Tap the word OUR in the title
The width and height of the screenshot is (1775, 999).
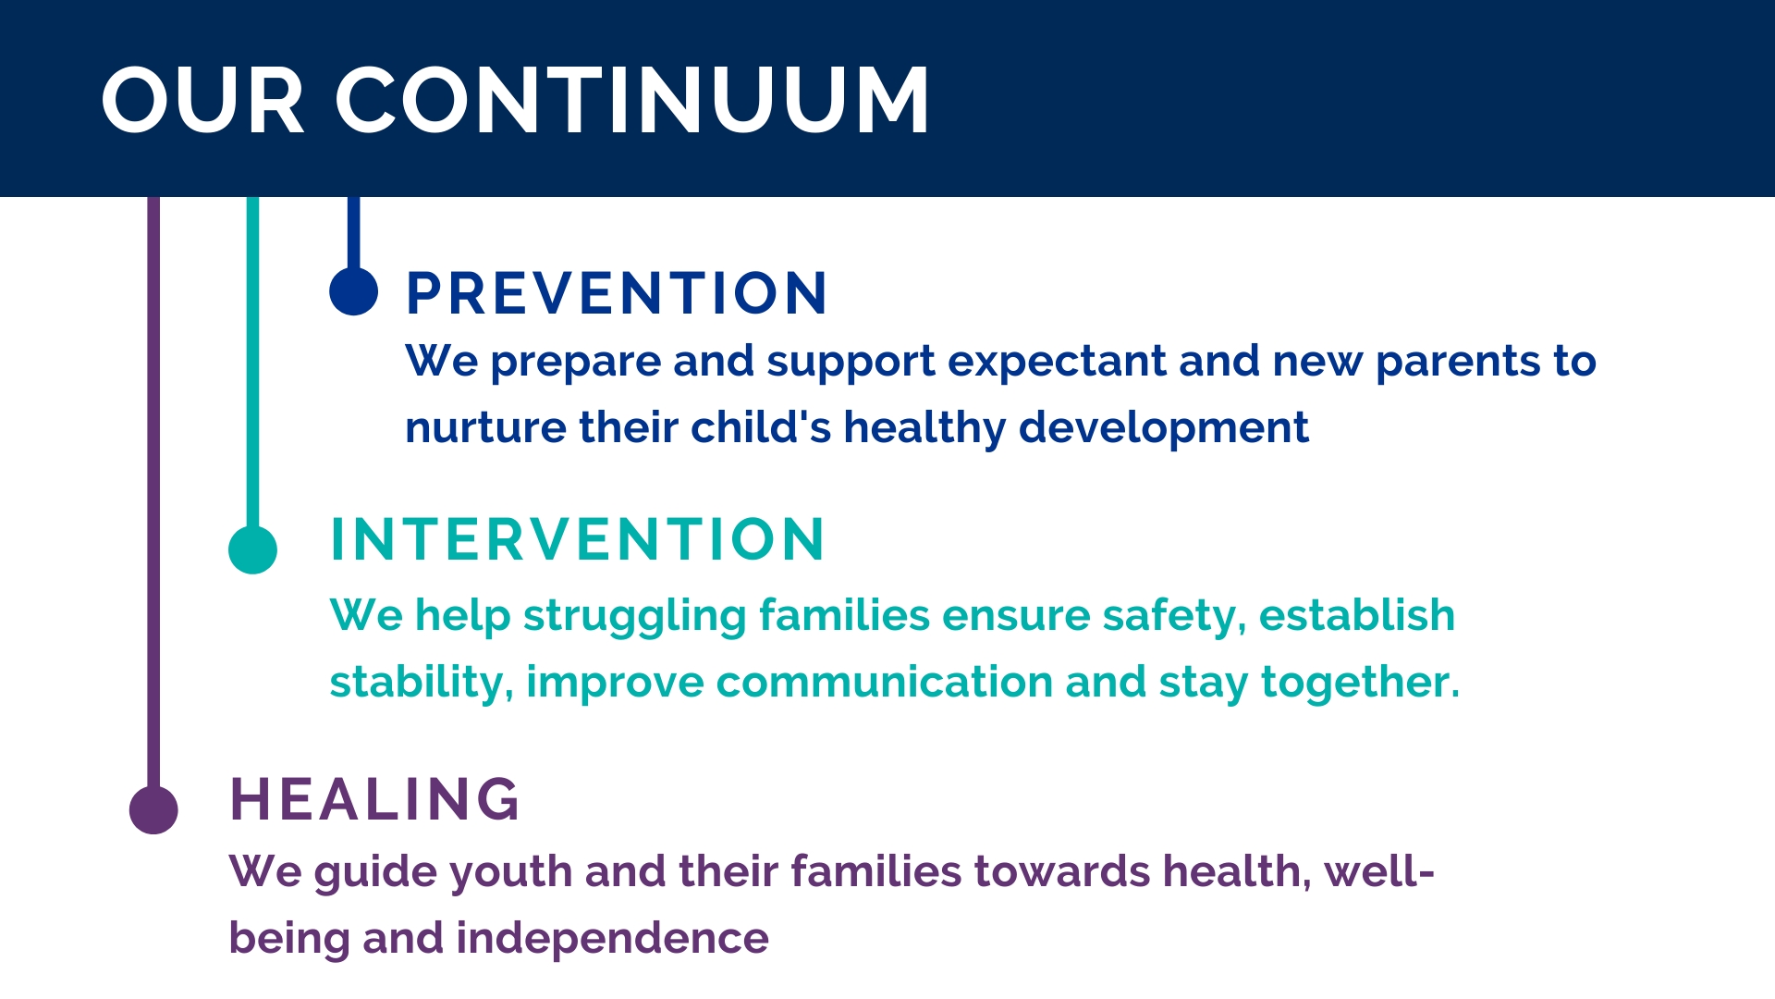[x=202, y=101]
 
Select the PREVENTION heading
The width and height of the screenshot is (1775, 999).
[x=617, y=294]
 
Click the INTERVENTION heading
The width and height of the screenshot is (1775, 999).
[x=577, y=540]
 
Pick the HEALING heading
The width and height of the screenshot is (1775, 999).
[x=374, y=799]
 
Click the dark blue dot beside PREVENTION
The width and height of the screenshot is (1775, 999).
[x=354, y=291]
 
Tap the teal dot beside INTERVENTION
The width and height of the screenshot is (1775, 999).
[x=252, y=549]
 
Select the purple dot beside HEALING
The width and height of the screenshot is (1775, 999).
[x=153, y=810]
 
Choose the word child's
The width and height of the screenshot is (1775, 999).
[x=761, y=428]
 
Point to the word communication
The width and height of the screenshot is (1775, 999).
[x=885, y=683]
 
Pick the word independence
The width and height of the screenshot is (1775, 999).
[x=612, y=940]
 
